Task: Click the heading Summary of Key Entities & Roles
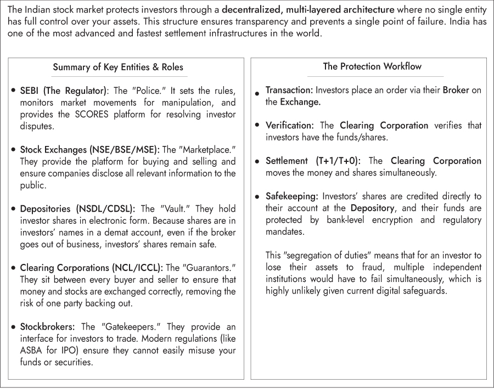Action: (x=118, y=67)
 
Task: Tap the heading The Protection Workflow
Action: (x=372, y=66)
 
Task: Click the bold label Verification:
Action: (x=289, y=125)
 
